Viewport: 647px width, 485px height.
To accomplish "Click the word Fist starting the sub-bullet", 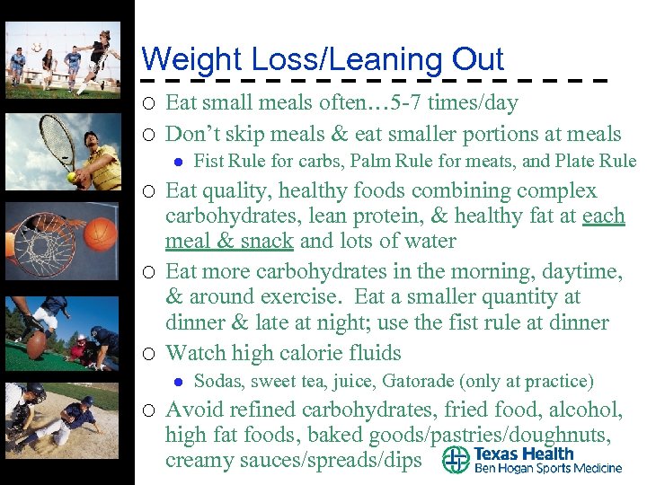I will (x=208, y=162).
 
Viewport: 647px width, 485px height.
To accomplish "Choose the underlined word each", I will (x=604, y=216).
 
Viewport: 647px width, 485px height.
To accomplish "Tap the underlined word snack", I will (x=267, y=242).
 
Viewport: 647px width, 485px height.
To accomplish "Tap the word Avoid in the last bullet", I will (x=196, y=410).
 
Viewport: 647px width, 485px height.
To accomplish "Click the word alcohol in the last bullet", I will (x=585, y=410).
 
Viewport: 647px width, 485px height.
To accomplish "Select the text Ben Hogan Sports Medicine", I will (x=548, y=468).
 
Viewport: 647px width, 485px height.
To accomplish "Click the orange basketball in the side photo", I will (x=102, y=234).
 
